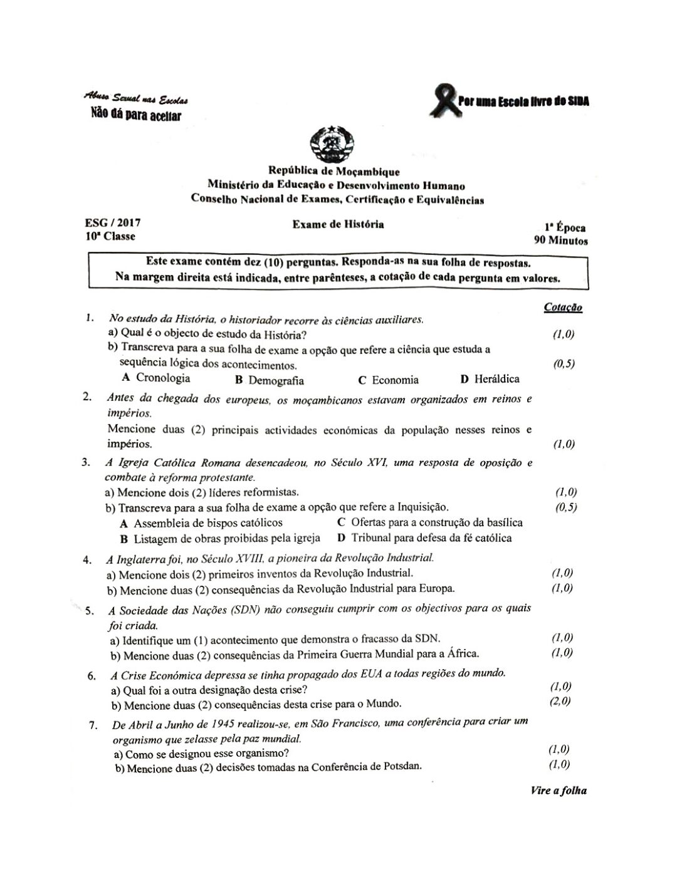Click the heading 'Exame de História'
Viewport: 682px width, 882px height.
coord(338,224)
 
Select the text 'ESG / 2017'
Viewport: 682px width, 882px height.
coord(113,222)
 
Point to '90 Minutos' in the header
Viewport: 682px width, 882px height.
coord(560,240)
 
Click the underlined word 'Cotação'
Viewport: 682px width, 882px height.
coord(563,308)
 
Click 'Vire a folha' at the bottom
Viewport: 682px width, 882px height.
coord(559,790)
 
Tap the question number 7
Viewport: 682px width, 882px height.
coord(93,725)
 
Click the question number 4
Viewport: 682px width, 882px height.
coord(87,559)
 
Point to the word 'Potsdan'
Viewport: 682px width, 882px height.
coord(402,766)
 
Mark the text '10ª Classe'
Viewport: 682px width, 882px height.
coord(110,236)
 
